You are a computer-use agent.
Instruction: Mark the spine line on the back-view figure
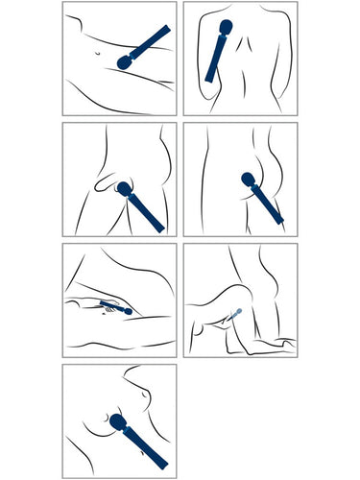(243, 67)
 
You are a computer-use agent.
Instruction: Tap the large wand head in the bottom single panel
(118, 422)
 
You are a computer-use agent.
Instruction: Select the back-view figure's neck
(242, 21)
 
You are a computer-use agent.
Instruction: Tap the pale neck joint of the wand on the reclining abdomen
(131, 58)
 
